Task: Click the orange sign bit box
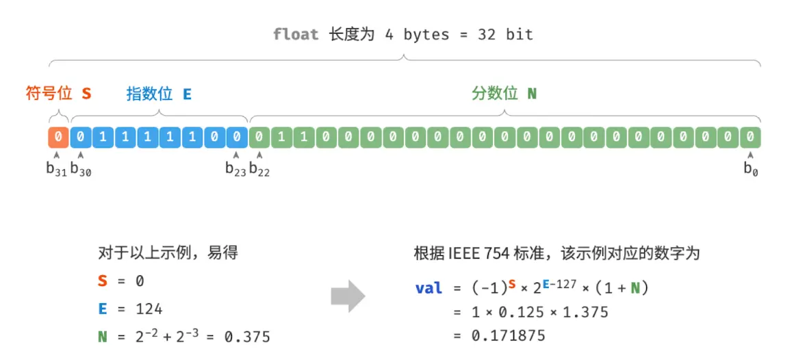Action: [x=59, y=137]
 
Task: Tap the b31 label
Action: [x=56, y=169]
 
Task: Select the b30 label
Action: [x=81, y=169]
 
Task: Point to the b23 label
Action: [x=236, y=169]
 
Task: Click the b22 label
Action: [x=260, y=169]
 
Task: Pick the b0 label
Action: [x=750, y=169]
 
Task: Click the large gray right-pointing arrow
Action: [x=348, y=296]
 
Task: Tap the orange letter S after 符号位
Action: [x=86, y=94]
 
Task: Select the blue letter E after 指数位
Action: [x=187, y=94]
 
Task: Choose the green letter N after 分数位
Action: [x=532, y=94]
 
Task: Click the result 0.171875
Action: [x=508, y=336]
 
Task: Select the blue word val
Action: [x=429, y=288]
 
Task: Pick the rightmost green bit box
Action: [x=750, y=137]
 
